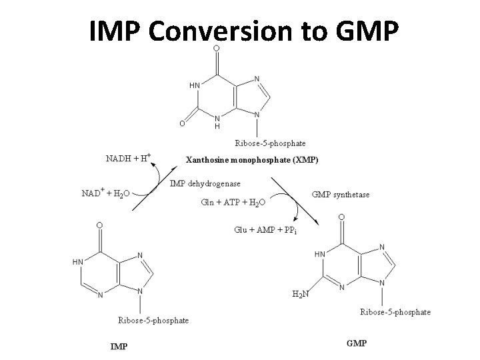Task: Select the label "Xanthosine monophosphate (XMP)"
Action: click(x=252, y=160)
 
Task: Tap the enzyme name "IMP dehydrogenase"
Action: click(x=205, y=183)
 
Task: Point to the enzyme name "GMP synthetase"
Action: click(x=341, y=195)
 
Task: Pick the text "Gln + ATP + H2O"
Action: click(x=233, y=202)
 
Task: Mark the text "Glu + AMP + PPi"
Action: click(x=265, y=230)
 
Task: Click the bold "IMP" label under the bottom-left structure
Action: click(x=119, y=345)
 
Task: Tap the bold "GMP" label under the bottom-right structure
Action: click(x=357, y=343)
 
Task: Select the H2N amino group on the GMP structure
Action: click(x=301, y=293)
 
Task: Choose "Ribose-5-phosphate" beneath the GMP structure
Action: click(x=395, y=311)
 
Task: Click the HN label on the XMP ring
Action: click(x=194, y=85)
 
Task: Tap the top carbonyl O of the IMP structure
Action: click(x=99, y=225)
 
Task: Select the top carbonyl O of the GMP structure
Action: click(x=341, y=217)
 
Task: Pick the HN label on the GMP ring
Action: click(x=320, y=254)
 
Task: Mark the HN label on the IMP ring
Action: click(x=78, y=263)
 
